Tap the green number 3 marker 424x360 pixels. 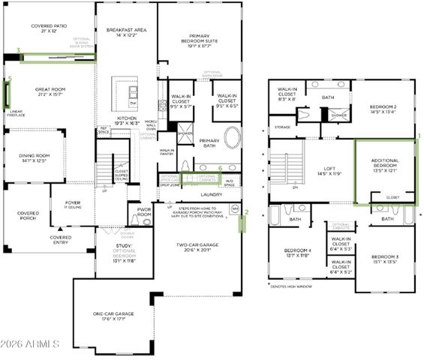[18, 51]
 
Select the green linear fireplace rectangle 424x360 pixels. [8, 94]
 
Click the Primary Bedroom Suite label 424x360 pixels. [200, 39]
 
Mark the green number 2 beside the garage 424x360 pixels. [246, 212]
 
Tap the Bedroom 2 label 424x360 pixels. [387, 107]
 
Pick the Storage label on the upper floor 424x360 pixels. [282, 127]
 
